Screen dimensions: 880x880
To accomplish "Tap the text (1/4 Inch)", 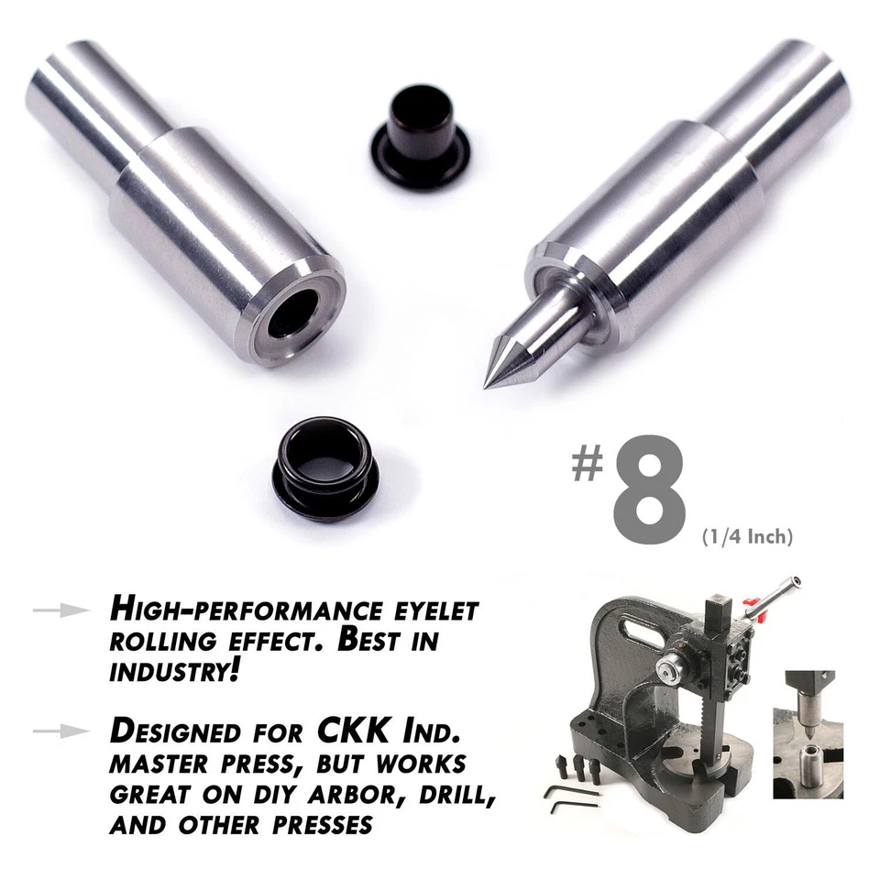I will [x=745, y=536].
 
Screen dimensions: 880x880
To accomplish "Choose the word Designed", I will [x=186, y=732].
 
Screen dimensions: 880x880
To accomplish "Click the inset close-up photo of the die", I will [x=808, y=734].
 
